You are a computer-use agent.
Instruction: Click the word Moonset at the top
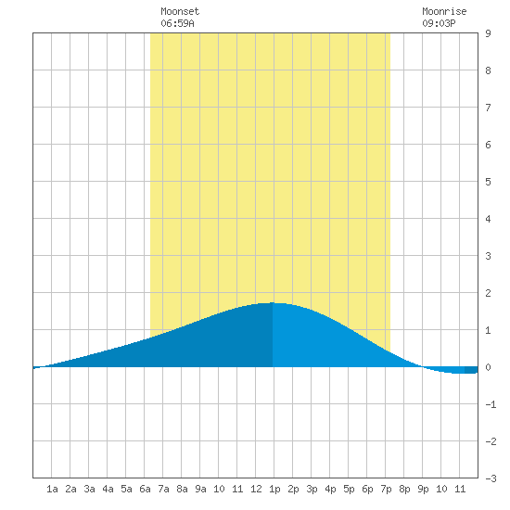coord(180,11)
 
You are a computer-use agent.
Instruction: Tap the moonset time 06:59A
coord(177,23)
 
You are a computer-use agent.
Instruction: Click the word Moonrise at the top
coord(444,11)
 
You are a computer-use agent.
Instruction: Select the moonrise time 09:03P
coord(439,23)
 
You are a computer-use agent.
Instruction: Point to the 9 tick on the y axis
coord(488,33)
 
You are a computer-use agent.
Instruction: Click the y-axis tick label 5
coord(488,182)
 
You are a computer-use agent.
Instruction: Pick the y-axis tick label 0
coord(488,367)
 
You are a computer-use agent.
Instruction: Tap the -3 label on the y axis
coord(491,478)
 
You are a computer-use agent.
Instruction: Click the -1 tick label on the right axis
coord(491,404)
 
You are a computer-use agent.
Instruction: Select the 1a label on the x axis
coord(52,489)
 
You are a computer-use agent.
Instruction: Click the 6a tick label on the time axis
coord(145,489)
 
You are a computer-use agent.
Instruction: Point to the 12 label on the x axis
coord(256,489)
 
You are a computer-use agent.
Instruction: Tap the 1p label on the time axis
coord(274,489)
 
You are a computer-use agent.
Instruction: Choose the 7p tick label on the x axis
coord(386,489)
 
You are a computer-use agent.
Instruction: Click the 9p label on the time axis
coord(423,489)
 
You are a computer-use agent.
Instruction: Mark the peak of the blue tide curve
coord(274,303)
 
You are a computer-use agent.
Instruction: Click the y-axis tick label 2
coord(488,293)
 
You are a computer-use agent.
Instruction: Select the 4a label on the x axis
coord(108,489)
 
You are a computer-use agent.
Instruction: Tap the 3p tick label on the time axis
coord(312,489)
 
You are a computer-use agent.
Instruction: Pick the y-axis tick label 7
coord(488,108)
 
